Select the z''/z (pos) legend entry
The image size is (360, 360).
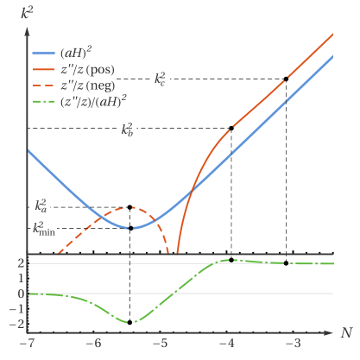83,68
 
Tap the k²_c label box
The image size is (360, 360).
161,78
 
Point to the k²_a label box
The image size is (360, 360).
41,205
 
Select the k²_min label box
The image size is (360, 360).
43,229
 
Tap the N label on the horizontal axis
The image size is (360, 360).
345,332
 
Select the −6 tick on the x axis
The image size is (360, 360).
93,344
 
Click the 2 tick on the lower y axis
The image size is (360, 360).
20,263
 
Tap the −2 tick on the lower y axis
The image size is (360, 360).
17,325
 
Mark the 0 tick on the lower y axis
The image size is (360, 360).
20,294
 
